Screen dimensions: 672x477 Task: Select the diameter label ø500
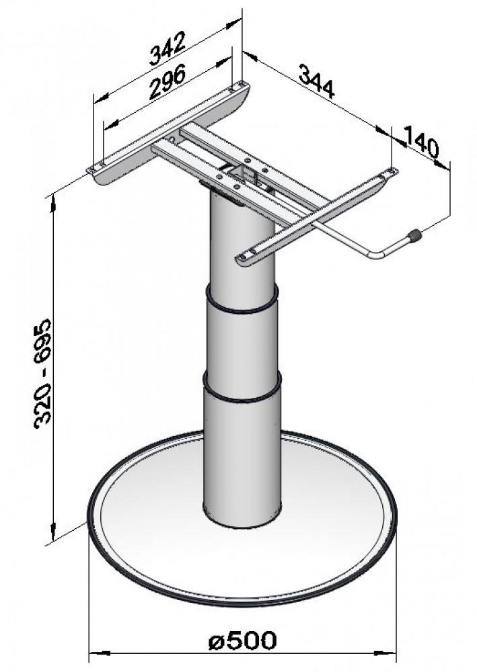[242, 641]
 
